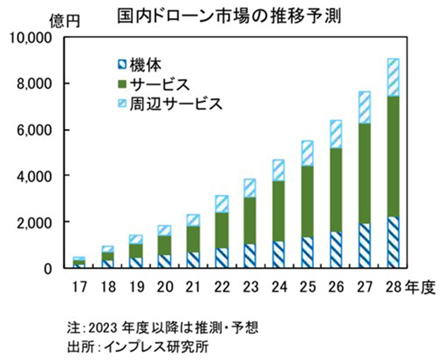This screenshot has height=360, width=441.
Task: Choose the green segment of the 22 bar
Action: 222,230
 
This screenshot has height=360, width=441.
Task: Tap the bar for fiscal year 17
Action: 78,262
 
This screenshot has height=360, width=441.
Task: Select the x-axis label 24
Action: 279,288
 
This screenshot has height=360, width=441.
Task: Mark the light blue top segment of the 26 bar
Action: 336,134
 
